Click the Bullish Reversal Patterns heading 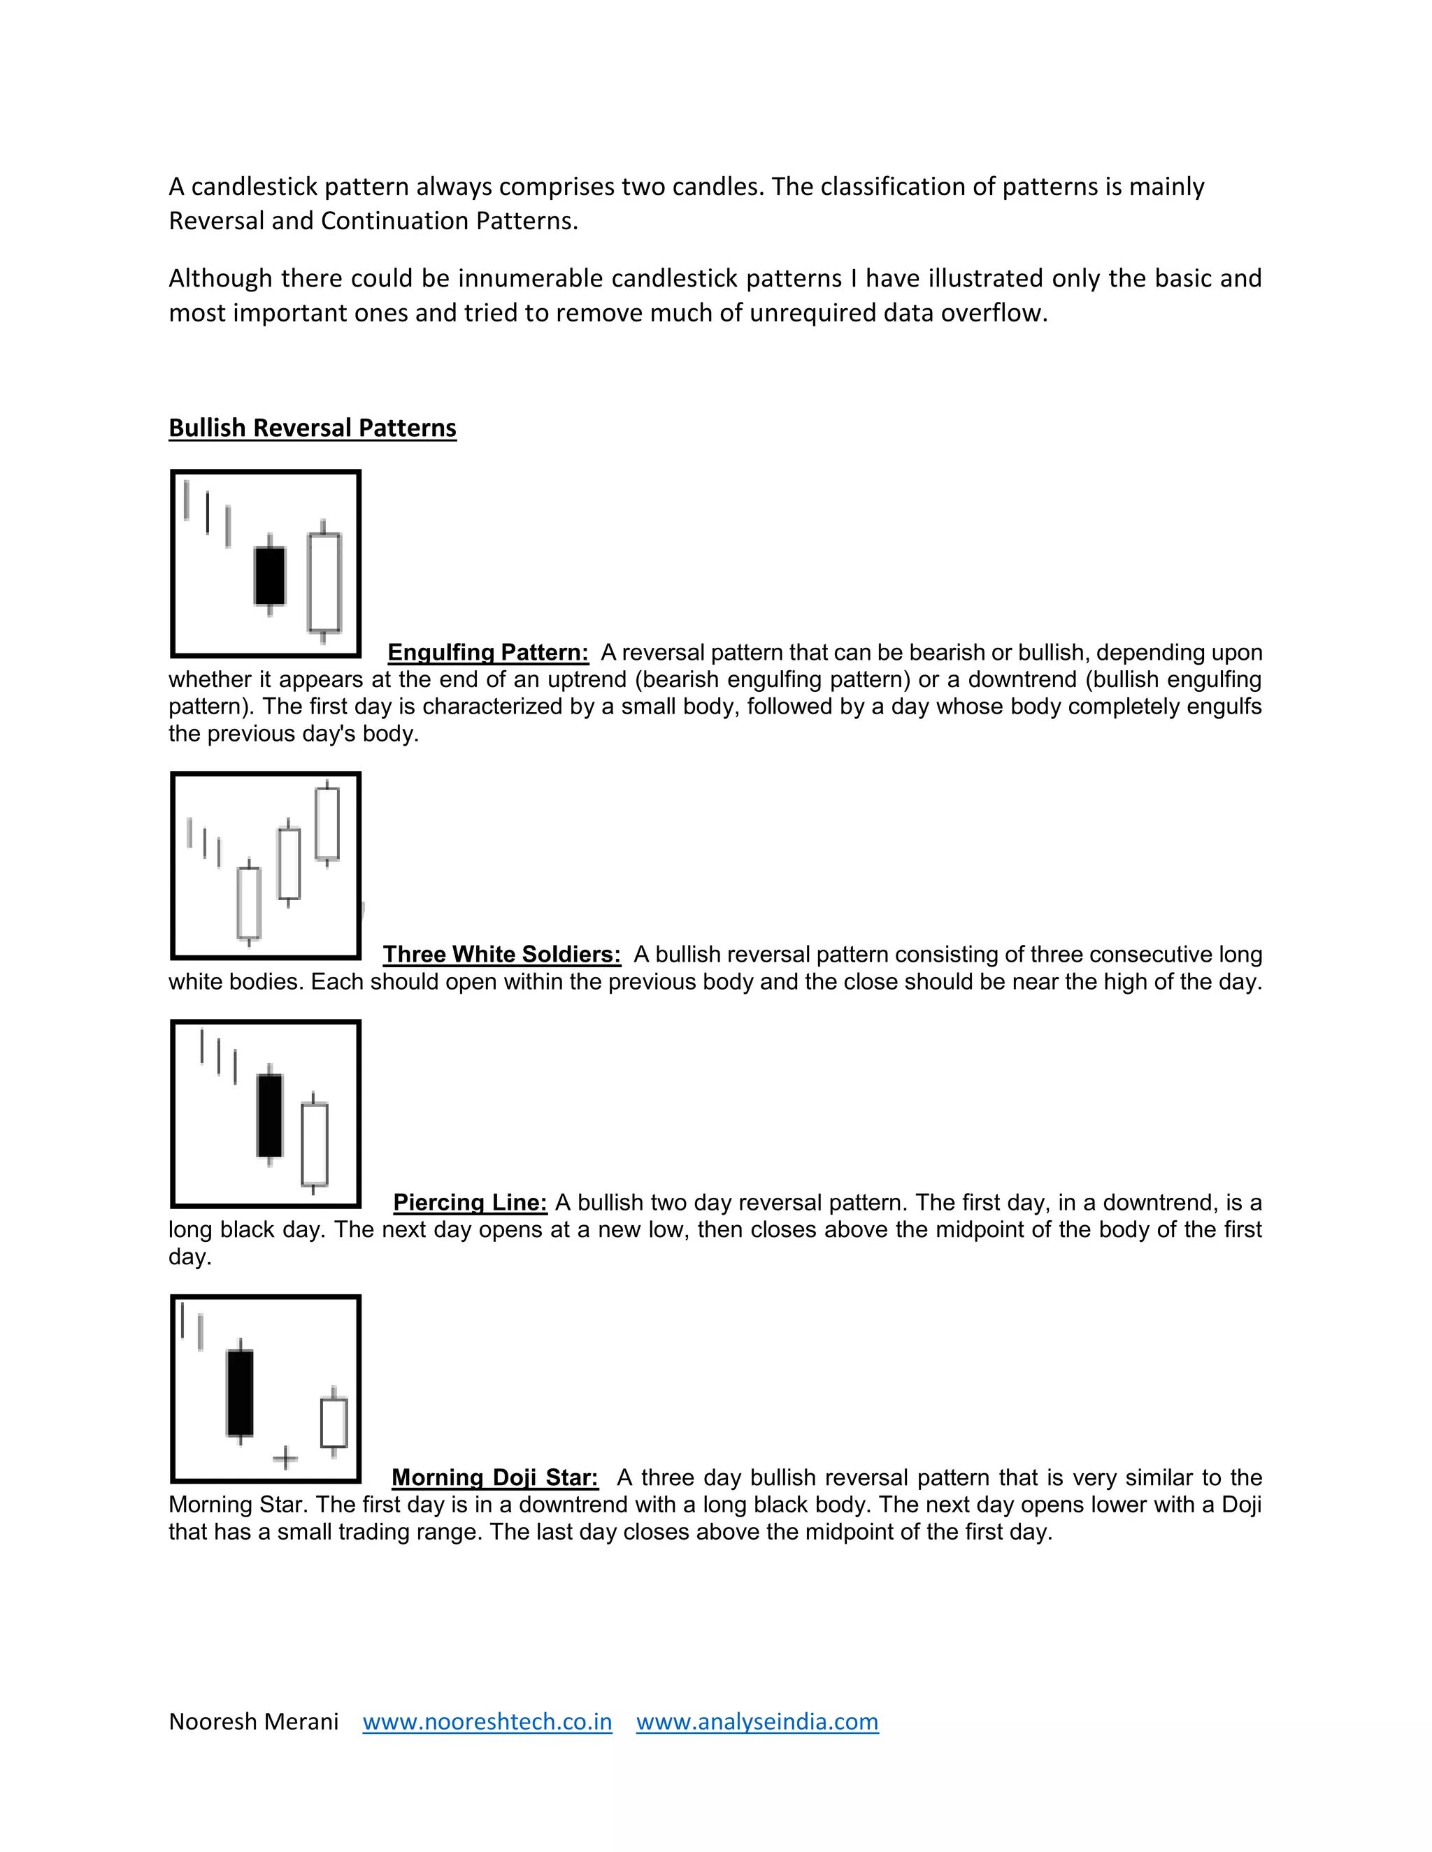click(312, 428)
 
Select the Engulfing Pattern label click(488, 652)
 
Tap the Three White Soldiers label click(501, 954)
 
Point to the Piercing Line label click(470, 1203)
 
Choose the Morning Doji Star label click(494, 1477)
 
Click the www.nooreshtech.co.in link click(487, 1721)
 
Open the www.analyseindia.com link click(757, 1721)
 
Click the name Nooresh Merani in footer click(254, 1721)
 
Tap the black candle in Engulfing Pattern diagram click(270, 576)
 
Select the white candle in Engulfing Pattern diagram click(323, 583)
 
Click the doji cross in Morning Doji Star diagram click(285, 1458)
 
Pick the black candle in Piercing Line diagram click(270, 1115)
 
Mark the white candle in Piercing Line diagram click(314, 1144)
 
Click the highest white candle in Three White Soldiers click(327, 823)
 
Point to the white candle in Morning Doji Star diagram click(334, 1422)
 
